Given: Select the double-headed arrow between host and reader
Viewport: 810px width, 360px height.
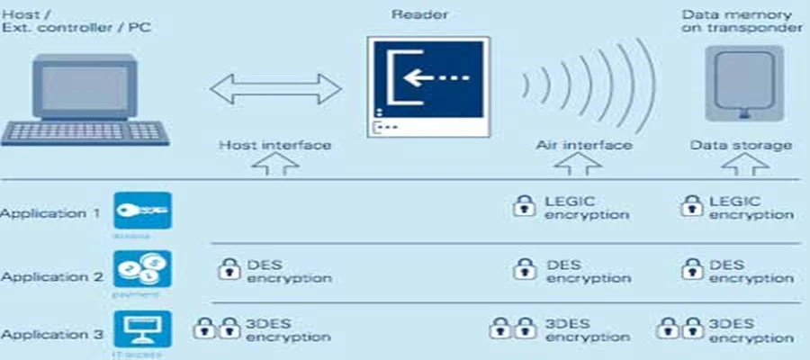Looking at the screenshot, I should (275, 89).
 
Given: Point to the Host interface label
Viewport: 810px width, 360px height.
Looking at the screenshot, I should (275, 145).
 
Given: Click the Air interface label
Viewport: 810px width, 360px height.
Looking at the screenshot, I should (584, 145).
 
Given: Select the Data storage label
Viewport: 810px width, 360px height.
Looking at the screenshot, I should (742, 145).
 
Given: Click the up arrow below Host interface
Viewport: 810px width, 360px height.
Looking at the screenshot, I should (275, 165).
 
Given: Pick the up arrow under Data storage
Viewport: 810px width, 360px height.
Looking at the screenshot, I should (742, 165).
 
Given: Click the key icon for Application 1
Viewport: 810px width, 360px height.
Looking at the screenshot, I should (142, 211).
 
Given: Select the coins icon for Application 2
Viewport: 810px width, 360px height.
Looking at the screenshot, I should (142, 270).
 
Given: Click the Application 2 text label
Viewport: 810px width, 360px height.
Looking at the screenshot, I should (51, 277).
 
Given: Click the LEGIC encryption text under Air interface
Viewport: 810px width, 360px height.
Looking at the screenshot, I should (586, 208).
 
